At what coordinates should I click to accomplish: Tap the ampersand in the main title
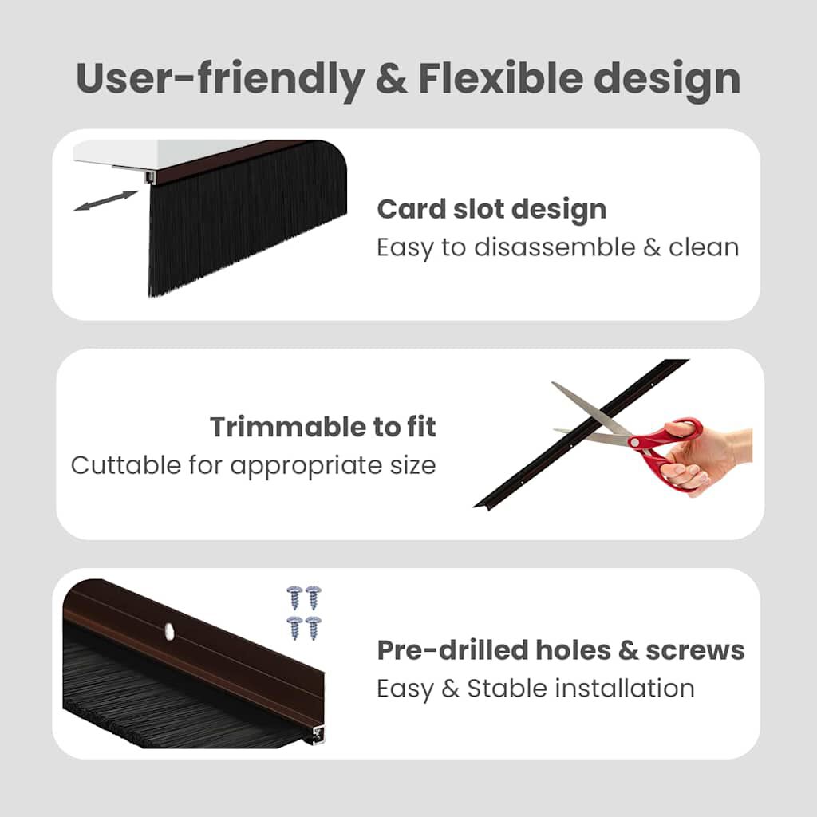[390, 78]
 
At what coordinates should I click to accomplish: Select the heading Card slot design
[491, 209]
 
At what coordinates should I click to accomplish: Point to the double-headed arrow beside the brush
[105, 200]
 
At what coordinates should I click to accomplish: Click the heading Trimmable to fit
[323, 427]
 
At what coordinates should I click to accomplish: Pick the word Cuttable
[124, 464]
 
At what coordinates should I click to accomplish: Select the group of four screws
[304, 610]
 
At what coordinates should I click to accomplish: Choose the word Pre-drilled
[443, 650]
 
